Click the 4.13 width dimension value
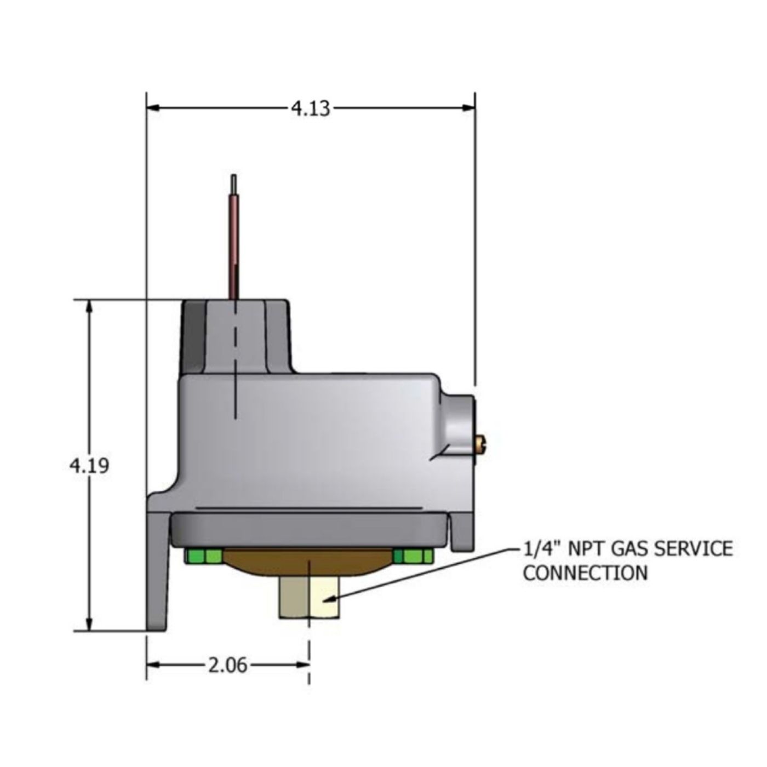point(311,108)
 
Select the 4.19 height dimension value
point(89,465)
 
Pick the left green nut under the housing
point(203,556)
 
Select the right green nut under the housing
point(413,556)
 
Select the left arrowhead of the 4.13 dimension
point(153,108)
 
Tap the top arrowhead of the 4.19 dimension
point(89,308)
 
